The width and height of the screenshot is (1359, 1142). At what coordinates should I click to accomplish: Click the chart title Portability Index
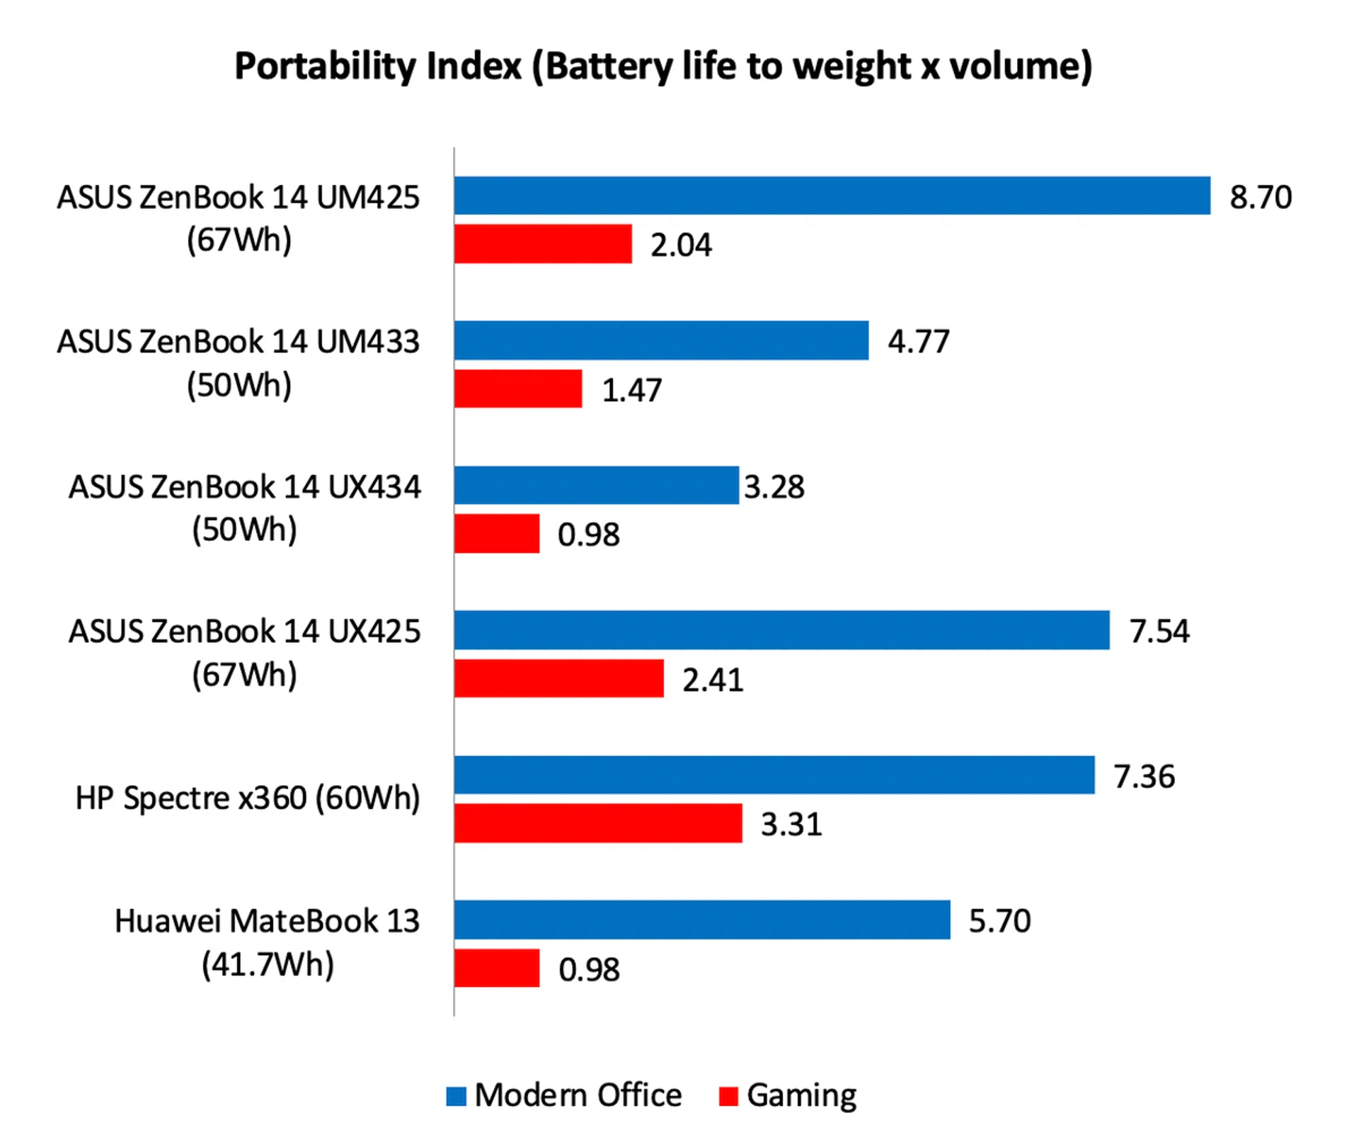663,67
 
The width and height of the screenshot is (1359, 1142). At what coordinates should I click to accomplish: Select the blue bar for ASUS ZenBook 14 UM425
832,195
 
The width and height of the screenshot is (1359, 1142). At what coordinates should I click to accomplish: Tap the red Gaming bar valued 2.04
543,244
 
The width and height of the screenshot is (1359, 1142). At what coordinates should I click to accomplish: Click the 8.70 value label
1260,197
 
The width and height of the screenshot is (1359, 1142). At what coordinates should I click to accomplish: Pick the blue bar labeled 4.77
661,341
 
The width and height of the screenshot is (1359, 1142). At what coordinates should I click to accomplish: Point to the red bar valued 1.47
518,389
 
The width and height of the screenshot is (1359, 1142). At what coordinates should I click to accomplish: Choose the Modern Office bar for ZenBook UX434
596,485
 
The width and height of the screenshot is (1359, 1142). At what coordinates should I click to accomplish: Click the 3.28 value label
774,487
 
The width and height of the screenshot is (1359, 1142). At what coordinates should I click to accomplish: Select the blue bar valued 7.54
781,630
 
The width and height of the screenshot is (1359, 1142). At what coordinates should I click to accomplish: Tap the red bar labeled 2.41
559,678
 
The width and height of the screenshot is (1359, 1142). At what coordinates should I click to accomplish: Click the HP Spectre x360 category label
248,798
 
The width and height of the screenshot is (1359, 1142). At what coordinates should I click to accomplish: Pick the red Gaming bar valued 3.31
598,823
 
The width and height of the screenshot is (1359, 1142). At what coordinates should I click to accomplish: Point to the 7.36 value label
1144,777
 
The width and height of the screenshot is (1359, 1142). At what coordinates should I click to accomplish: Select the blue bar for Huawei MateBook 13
702,920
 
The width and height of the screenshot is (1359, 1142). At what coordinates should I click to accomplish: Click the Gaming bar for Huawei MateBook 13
497,968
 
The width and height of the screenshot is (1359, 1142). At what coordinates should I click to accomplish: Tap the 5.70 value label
999,921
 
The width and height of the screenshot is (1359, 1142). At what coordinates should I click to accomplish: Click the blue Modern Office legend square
457,1096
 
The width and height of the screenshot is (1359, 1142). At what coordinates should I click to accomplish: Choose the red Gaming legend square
728,1096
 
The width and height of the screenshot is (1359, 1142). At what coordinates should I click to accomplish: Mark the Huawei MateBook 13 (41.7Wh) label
267,942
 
